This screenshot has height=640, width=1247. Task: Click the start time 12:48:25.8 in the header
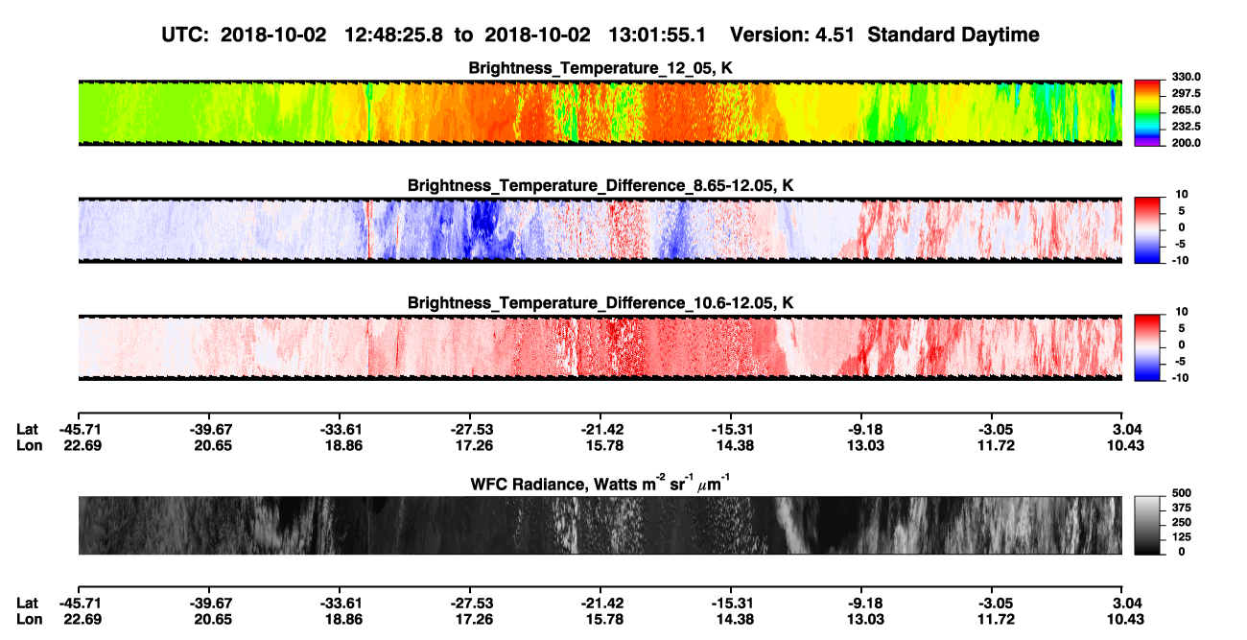click(393, 36)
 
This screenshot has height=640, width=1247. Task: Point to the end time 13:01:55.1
click(657, 36)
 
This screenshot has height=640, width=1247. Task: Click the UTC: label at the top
click(185, 36)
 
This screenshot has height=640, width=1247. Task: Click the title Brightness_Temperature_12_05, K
click(600, 68)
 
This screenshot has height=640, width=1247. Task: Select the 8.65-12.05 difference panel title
click(600, 185)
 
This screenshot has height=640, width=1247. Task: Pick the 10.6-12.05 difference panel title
click(600, 303)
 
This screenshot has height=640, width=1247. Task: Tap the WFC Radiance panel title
click(600, 484)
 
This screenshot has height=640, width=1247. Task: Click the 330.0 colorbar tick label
click(1186, 77)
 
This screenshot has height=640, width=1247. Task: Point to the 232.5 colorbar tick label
click(1186, 127)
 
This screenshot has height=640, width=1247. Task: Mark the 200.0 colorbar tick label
click(1186, 143)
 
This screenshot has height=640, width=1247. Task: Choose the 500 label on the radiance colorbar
click(1182, 493)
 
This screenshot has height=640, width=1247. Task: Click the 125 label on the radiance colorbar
click(1182, 537)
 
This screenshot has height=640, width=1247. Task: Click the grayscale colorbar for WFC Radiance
click(1147, 525)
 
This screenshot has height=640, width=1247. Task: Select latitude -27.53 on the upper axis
click(472, 430)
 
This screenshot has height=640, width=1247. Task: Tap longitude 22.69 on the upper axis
click(82, 446)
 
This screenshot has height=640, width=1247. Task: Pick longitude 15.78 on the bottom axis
click(604, 620)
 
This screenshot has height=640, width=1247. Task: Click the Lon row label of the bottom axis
click(29, 620)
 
